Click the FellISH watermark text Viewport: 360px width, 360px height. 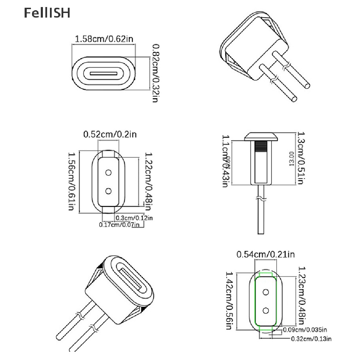(47, 13)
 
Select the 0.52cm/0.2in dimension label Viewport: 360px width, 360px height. (109, 134)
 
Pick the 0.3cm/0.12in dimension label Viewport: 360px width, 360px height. (134, 218)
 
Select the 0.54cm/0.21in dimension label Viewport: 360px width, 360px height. (265, 254)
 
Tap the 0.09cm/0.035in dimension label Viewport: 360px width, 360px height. (305, 330)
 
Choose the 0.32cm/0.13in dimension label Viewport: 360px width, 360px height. (311, 339)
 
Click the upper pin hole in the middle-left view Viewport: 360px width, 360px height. (108, 172)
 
